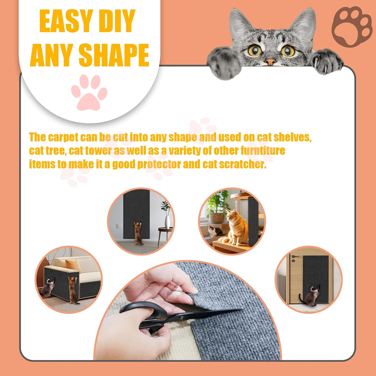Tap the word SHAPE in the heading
pos(115,55)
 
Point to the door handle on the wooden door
pos(294,258)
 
